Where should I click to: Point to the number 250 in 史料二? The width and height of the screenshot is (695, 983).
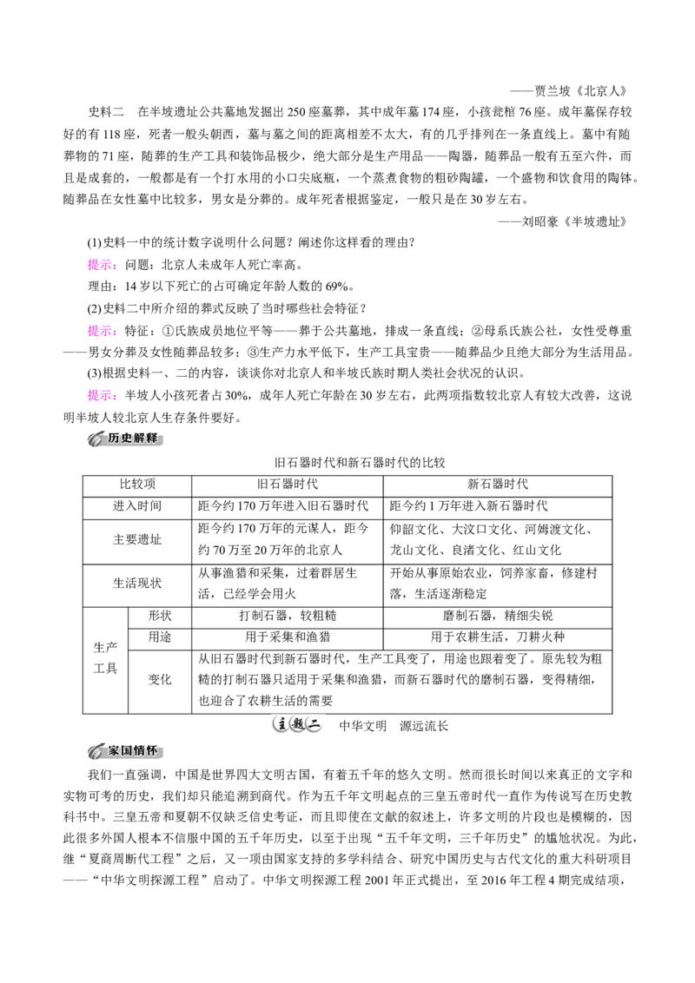pos(296,112)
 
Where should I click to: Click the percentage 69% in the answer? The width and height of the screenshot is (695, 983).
pos(337,287)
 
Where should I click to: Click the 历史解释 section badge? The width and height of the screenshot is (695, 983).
pos(125,439)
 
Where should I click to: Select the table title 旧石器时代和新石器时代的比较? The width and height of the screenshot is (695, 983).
pos(360,463)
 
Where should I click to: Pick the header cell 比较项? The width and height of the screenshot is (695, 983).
pos(137,484)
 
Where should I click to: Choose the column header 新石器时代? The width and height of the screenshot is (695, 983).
pos(498,484)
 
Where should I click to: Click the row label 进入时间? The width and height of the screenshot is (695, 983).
pos(137,506)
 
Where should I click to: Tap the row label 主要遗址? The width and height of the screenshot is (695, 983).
pos(137,539)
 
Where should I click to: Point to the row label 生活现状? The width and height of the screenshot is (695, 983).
pos(137,583)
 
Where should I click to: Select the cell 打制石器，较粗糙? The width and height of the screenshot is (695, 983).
pos(288,616)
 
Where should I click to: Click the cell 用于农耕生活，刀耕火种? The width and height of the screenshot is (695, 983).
pos(498,637)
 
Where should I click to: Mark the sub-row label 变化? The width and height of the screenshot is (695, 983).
pos(160,680)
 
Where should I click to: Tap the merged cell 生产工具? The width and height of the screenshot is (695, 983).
pos(105,657)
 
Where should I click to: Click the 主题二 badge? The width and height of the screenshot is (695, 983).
pos(297,725)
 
